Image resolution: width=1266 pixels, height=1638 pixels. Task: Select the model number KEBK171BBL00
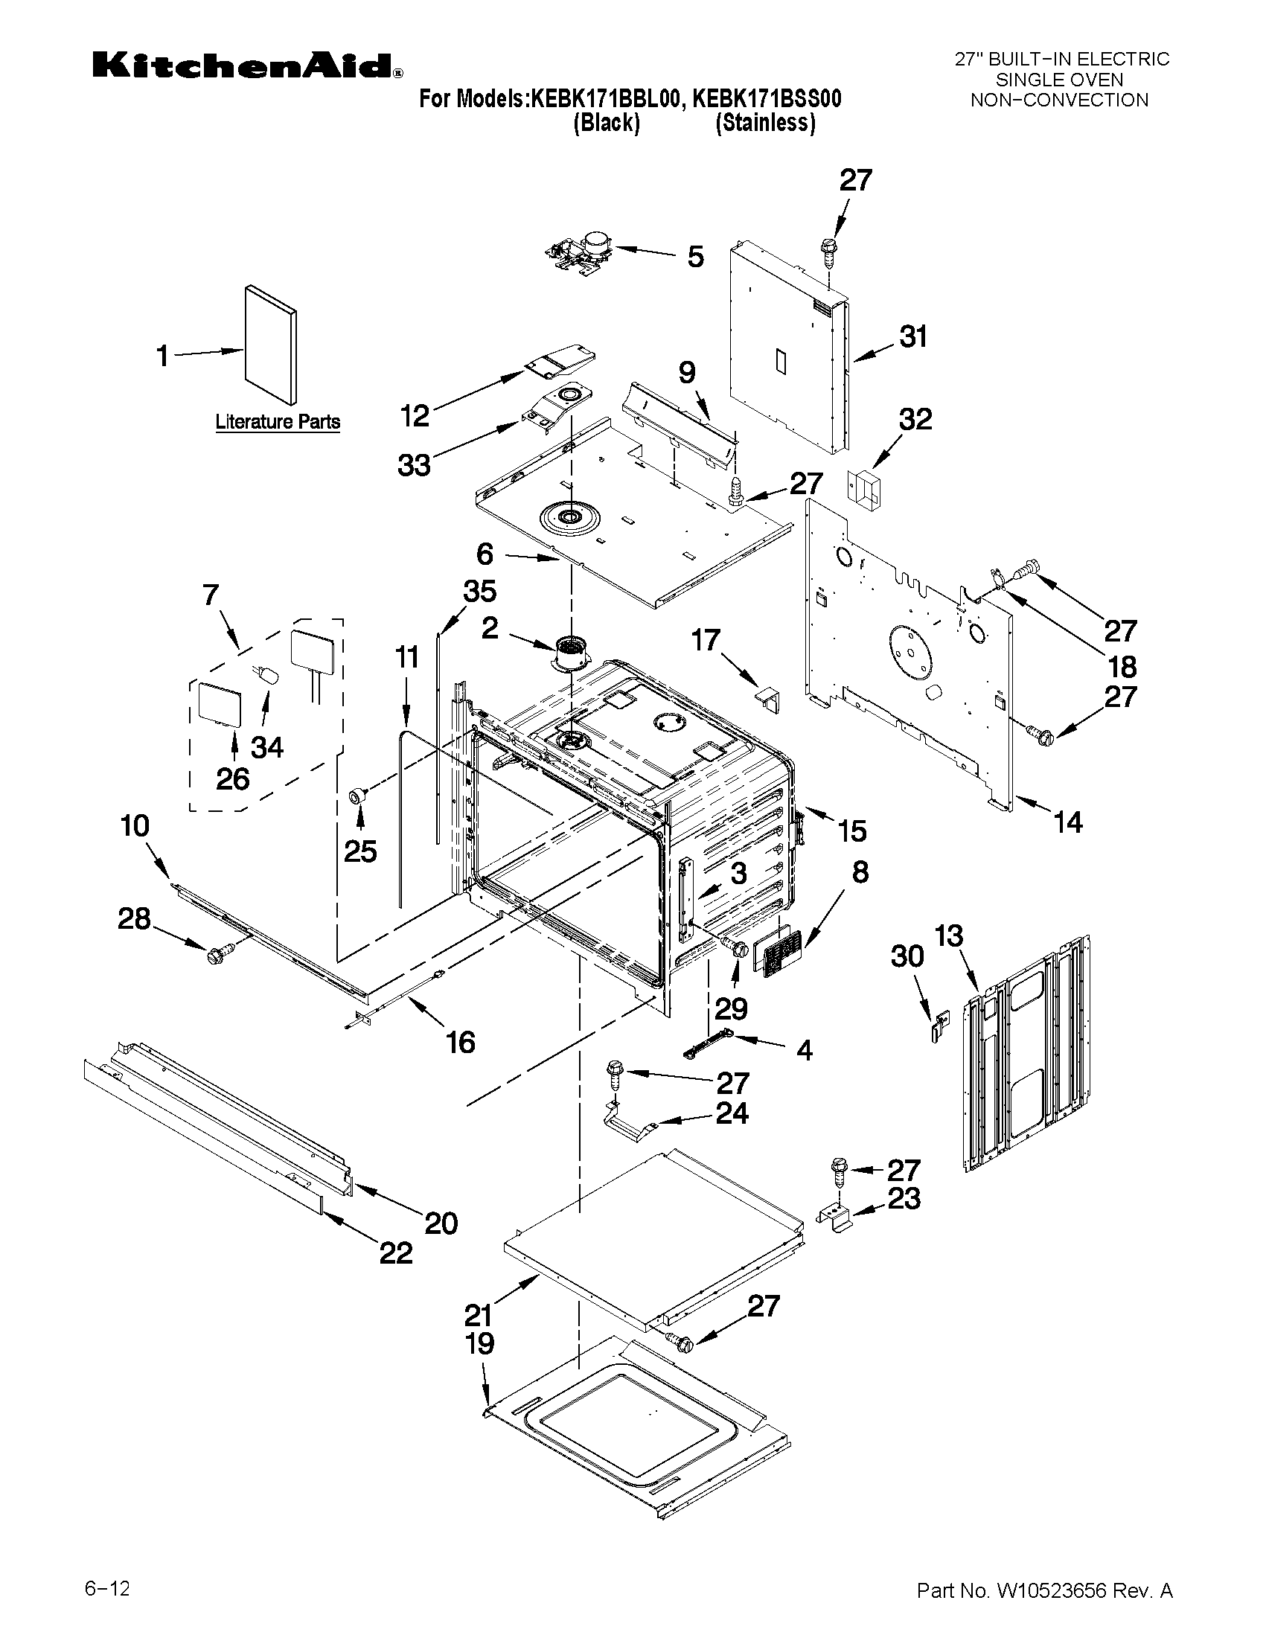(x=606, y=99)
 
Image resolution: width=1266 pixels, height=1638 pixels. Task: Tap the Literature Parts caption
(x=278, y=421)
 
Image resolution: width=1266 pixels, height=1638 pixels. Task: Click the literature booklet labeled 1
(x=270, y=345)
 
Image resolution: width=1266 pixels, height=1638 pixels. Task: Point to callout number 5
(x=695, y=257)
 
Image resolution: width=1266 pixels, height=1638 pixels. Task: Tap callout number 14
(x=1068, y=823)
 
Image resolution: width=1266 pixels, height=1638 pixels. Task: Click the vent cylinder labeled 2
(x=572, y=653)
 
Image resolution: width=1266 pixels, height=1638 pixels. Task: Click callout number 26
(x=232, y=779)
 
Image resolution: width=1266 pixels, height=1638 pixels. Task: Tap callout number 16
(x=461, y=1042)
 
